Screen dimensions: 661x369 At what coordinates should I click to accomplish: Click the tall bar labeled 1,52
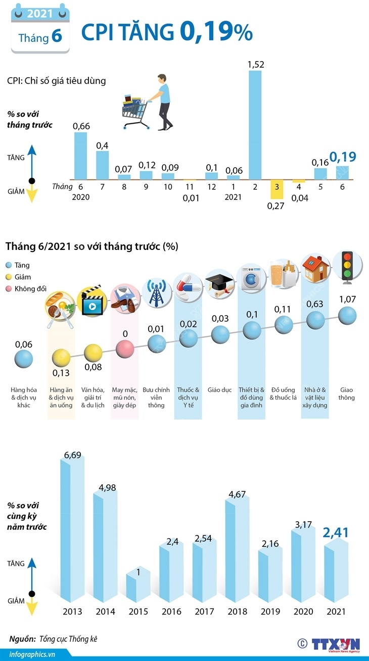pyautogui.click(x=255, y=124)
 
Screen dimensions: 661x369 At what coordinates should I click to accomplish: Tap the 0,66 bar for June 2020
pyautogui.click(x=81, y=156)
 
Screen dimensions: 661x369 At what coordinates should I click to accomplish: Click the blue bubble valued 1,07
pyautogui.click(x=347, y=316)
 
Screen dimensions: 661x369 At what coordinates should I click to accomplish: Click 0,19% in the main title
pyautogui.click(x=216, y=32)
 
